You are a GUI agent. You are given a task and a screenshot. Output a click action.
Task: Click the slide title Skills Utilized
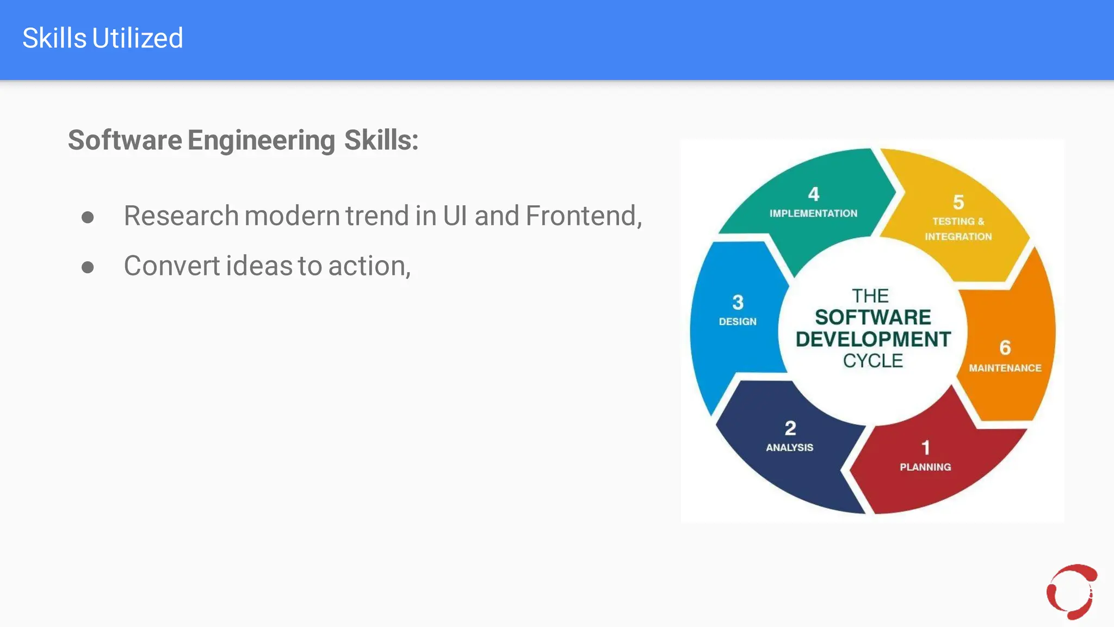coord(103,38)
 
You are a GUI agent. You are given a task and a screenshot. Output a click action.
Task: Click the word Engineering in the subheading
coord(261,140)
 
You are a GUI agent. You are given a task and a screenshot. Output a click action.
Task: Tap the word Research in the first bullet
coord(181,216)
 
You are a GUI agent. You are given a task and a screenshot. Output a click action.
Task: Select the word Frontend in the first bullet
coord(581,216)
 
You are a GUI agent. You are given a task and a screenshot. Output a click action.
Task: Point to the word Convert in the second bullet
coord(171,266)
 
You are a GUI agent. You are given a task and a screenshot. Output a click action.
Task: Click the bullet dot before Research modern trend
coord(88,218)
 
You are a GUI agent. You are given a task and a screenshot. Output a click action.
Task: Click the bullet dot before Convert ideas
coord(88,267)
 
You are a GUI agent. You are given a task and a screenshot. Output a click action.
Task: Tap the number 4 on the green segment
coord(813,194)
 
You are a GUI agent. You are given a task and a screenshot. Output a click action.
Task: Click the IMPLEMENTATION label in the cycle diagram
coord(813,213)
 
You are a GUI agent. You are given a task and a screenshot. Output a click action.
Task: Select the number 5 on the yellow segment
coord(958,202)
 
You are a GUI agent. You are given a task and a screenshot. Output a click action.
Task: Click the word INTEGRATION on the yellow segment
coord(958,237)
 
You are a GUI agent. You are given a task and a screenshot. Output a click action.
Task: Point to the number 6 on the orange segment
coord(1005,347)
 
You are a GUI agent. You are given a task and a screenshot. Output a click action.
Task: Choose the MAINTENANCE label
coord(1005,368)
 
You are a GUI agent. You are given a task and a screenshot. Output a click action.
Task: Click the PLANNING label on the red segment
coord(925,467)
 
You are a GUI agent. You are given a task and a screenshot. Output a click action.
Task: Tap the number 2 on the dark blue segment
coord(790,428)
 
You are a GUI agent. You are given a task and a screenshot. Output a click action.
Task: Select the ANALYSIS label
coord(790,447)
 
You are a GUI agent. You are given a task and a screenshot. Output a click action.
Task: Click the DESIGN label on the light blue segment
coord(738,322)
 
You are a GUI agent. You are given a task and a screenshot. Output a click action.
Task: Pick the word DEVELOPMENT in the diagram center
coord(873,339)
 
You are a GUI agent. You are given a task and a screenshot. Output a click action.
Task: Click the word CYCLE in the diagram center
coord(873,361)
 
